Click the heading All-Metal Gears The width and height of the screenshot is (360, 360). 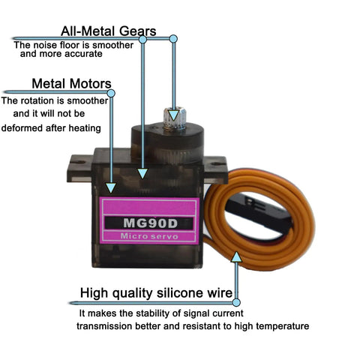pyautogui.click(x=109, y=31)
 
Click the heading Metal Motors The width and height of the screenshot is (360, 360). pyautogui.click(x=71, y=83)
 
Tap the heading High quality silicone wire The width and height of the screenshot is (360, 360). pyautogui.click(x=156, y=293)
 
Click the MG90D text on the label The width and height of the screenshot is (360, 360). pyautogui.click(x=150, y=223)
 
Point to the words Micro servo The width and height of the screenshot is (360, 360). pyautogui.click(x=149, y=236)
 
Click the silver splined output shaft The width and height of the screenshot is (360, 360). pyautogui.click(x=174, y=118)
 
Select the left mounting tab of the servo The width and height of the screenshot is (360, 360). pyautogui.click(x=79, y=168)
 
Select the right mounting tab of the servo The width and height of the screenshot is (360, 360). pyautogui.click(x=215, y=169)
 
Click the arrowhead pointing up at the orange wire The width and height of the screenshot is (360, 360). pyautogui.click(x=236, y=257)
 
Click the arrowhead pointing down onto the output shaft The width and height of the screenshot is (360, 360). pyautogui.click(x=173, y=115)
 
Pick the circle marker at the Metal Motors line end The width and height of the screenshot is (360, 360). pyautogui.click(x=111, y=93)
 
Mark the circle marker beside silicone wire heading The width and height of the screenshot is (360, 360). pyautogui.click(x=236, y=302)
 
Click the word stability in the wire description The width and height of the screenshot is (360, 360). pyautogui.click(x=153, y=313)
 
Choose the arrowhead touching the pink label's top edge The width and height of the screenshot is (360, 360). pyautogui.click(x=111, y=188)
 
